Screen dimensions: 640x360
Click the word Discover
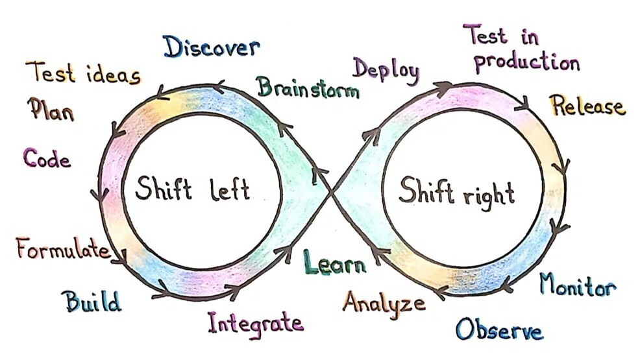pyautogui.click(x=212, y=47)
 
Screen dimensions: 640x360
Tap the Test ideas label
pyautogui.click(x=83, y=73)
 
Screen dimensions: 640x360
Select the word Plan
pyautogui.click(x=51, y=109)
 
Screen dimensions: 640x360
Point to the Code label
pyautogui.click(x=47, y=158)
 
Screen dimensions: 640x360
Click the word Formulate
pyautogui.click(x=64, y=248)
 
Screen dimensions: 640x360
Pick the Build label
pyautogui.click(x=93, y=301)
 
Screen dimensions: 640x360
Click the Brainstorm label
pyautogui.click(x=308, y=88)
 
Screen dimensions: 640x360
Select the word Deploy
pyautogui.click(x=386, y=71)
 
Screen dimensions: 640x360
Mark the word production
pyautogui.click(x=526, y=63)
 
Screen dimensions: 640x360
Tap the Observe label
pyautogui.click(x=499, y=329)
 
